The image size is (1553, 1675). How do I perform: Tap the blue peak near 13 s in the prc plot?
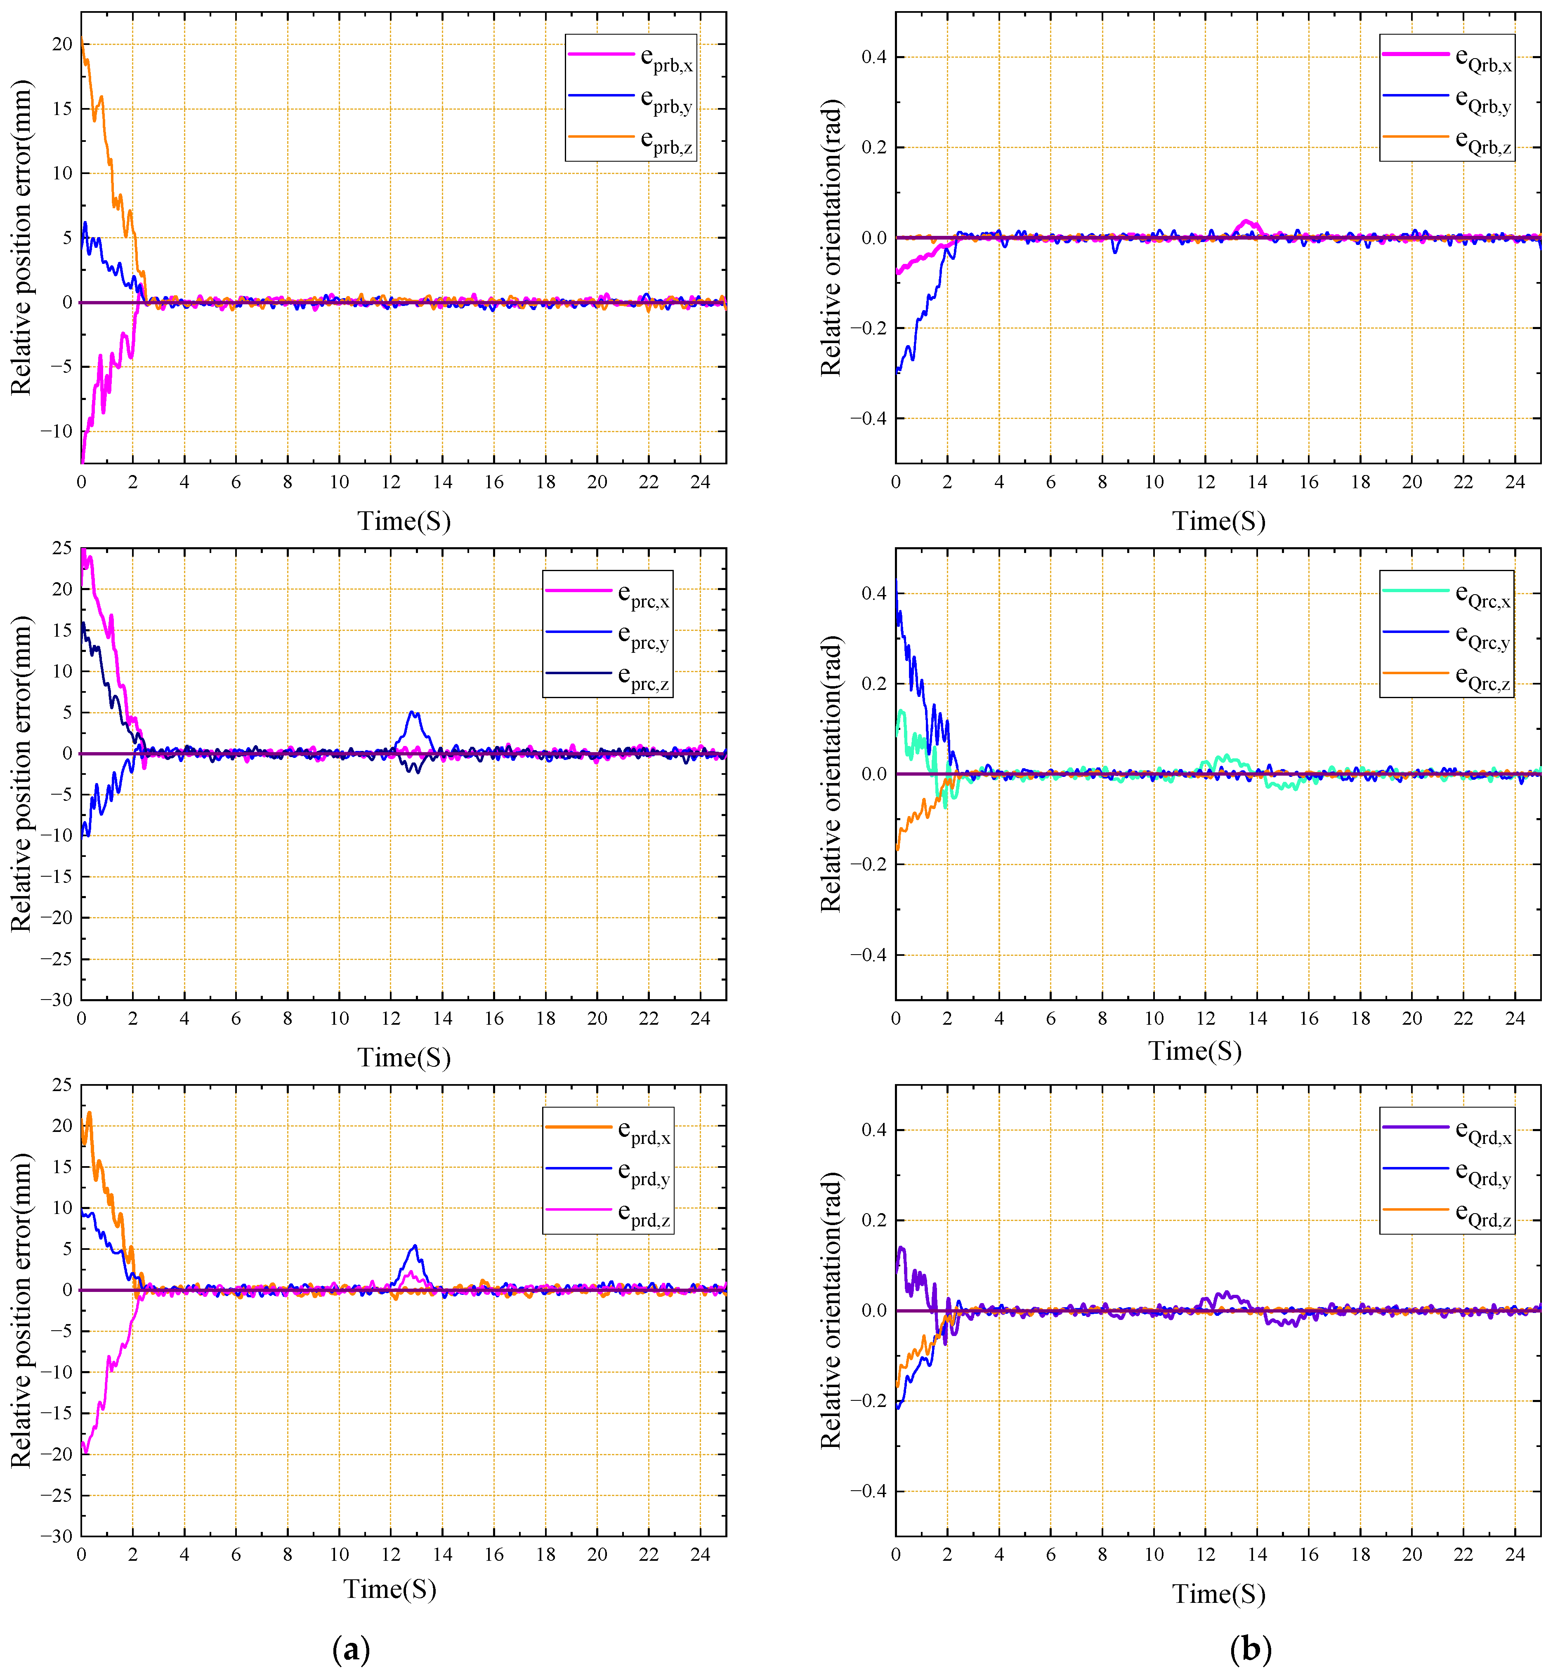click(x=413, y=712)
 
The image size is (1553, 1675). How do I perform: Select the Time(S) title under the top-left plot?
click(x=404, y=521)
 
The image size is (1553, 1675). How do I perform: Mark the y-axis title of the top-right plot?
click(x=830, y=238)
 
